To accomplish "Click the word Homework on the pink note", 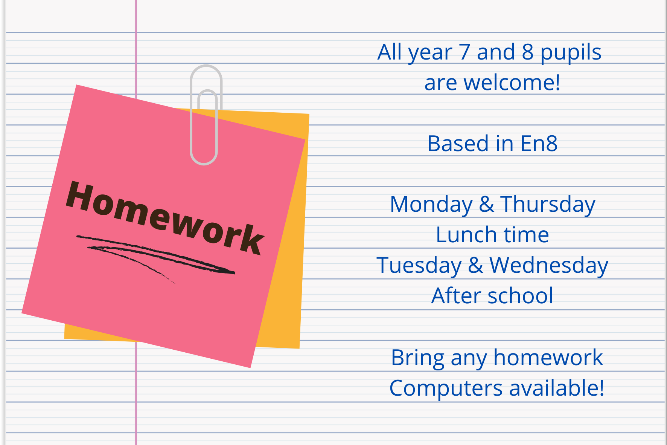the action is click(x=165, y=217).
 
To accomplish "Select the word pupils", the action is click(x=571, y=53).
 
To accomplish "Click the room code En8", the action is click(x=539, y=144).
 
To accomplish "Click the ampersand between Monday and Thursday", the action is click(x=486, y=205).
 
